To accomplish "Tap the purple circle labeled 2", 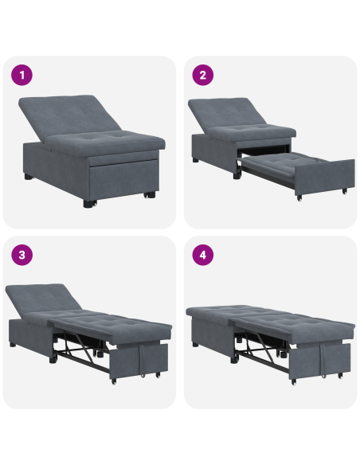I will [x=203, y=76].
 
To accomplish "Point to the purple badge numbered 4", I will [x=203, y=256].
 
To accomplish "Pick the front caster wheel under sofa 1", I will [x=87, y=204].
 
